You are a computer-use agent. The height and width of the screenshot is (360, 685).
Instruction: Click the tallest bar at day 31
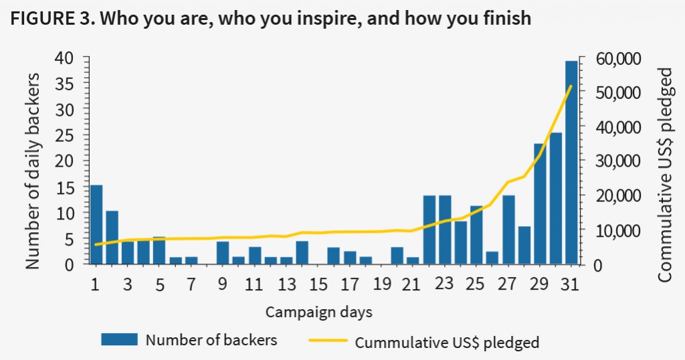click(571, 162)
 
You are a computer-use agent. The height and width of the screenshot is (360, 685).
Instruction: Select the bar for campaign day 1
click(96, 224)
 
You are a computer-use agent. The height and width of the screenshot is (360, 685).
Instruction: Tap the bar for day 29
click(540, 203)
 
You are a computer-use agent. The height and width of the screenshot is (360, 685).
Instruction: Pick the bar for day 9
click(223, 253)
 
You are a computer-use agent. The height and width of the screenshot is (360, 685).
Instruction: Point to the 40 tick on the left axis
click(69, 59)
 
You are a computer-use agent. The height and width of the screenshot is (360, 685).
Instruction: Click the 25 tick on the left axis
click(69, 136)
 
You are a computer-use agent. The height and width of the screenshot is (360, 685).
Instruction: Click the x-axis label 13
click(286, 284)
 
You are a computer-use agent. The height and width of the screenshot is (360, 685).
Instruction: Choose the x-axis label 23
click(444, 284)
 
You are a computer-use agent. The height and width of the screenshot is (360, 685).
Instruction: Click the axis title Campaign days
click(319, 312)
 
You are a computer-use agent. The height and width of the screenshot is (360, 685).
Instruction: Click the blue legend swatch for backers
click(119, 339)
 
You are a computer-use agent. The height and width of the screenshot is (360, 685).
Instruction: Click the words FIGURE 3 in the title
click(49, 18)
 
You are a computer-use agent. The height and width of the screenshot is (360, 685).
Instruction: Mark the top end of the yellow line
click(571, 86)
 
